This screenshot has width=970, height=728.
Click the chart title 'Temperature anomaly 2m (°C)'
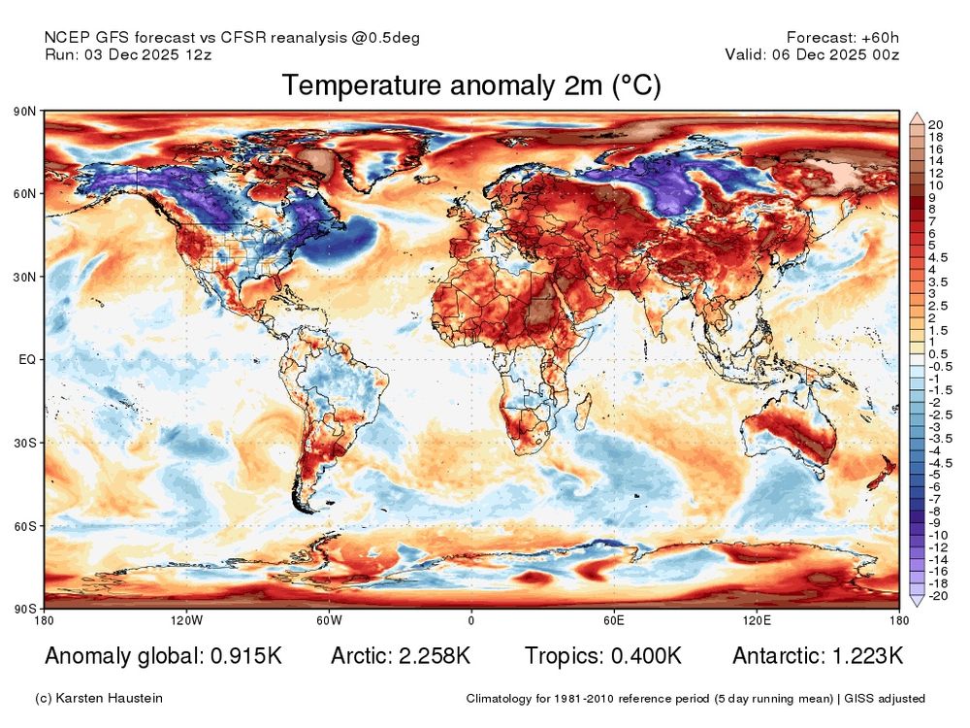(471, 86)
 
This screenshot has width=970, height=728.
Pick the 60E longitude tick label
(613, 620)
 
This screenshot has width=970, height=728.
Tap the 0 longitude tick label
(471, 620)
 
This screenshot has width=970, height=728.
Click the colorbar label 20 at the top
(935, 124)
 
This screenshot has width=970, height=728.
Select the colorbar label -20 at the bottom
(937, 597)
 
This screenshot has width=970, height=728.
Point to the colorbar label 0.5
(938, 354)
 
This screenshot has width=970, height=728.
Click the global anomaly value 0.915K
(246, 656)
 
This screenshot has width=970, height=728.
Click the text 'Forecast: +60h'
(843, 37)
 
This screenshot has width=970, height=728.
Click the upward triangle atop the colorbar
(915, 116)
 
